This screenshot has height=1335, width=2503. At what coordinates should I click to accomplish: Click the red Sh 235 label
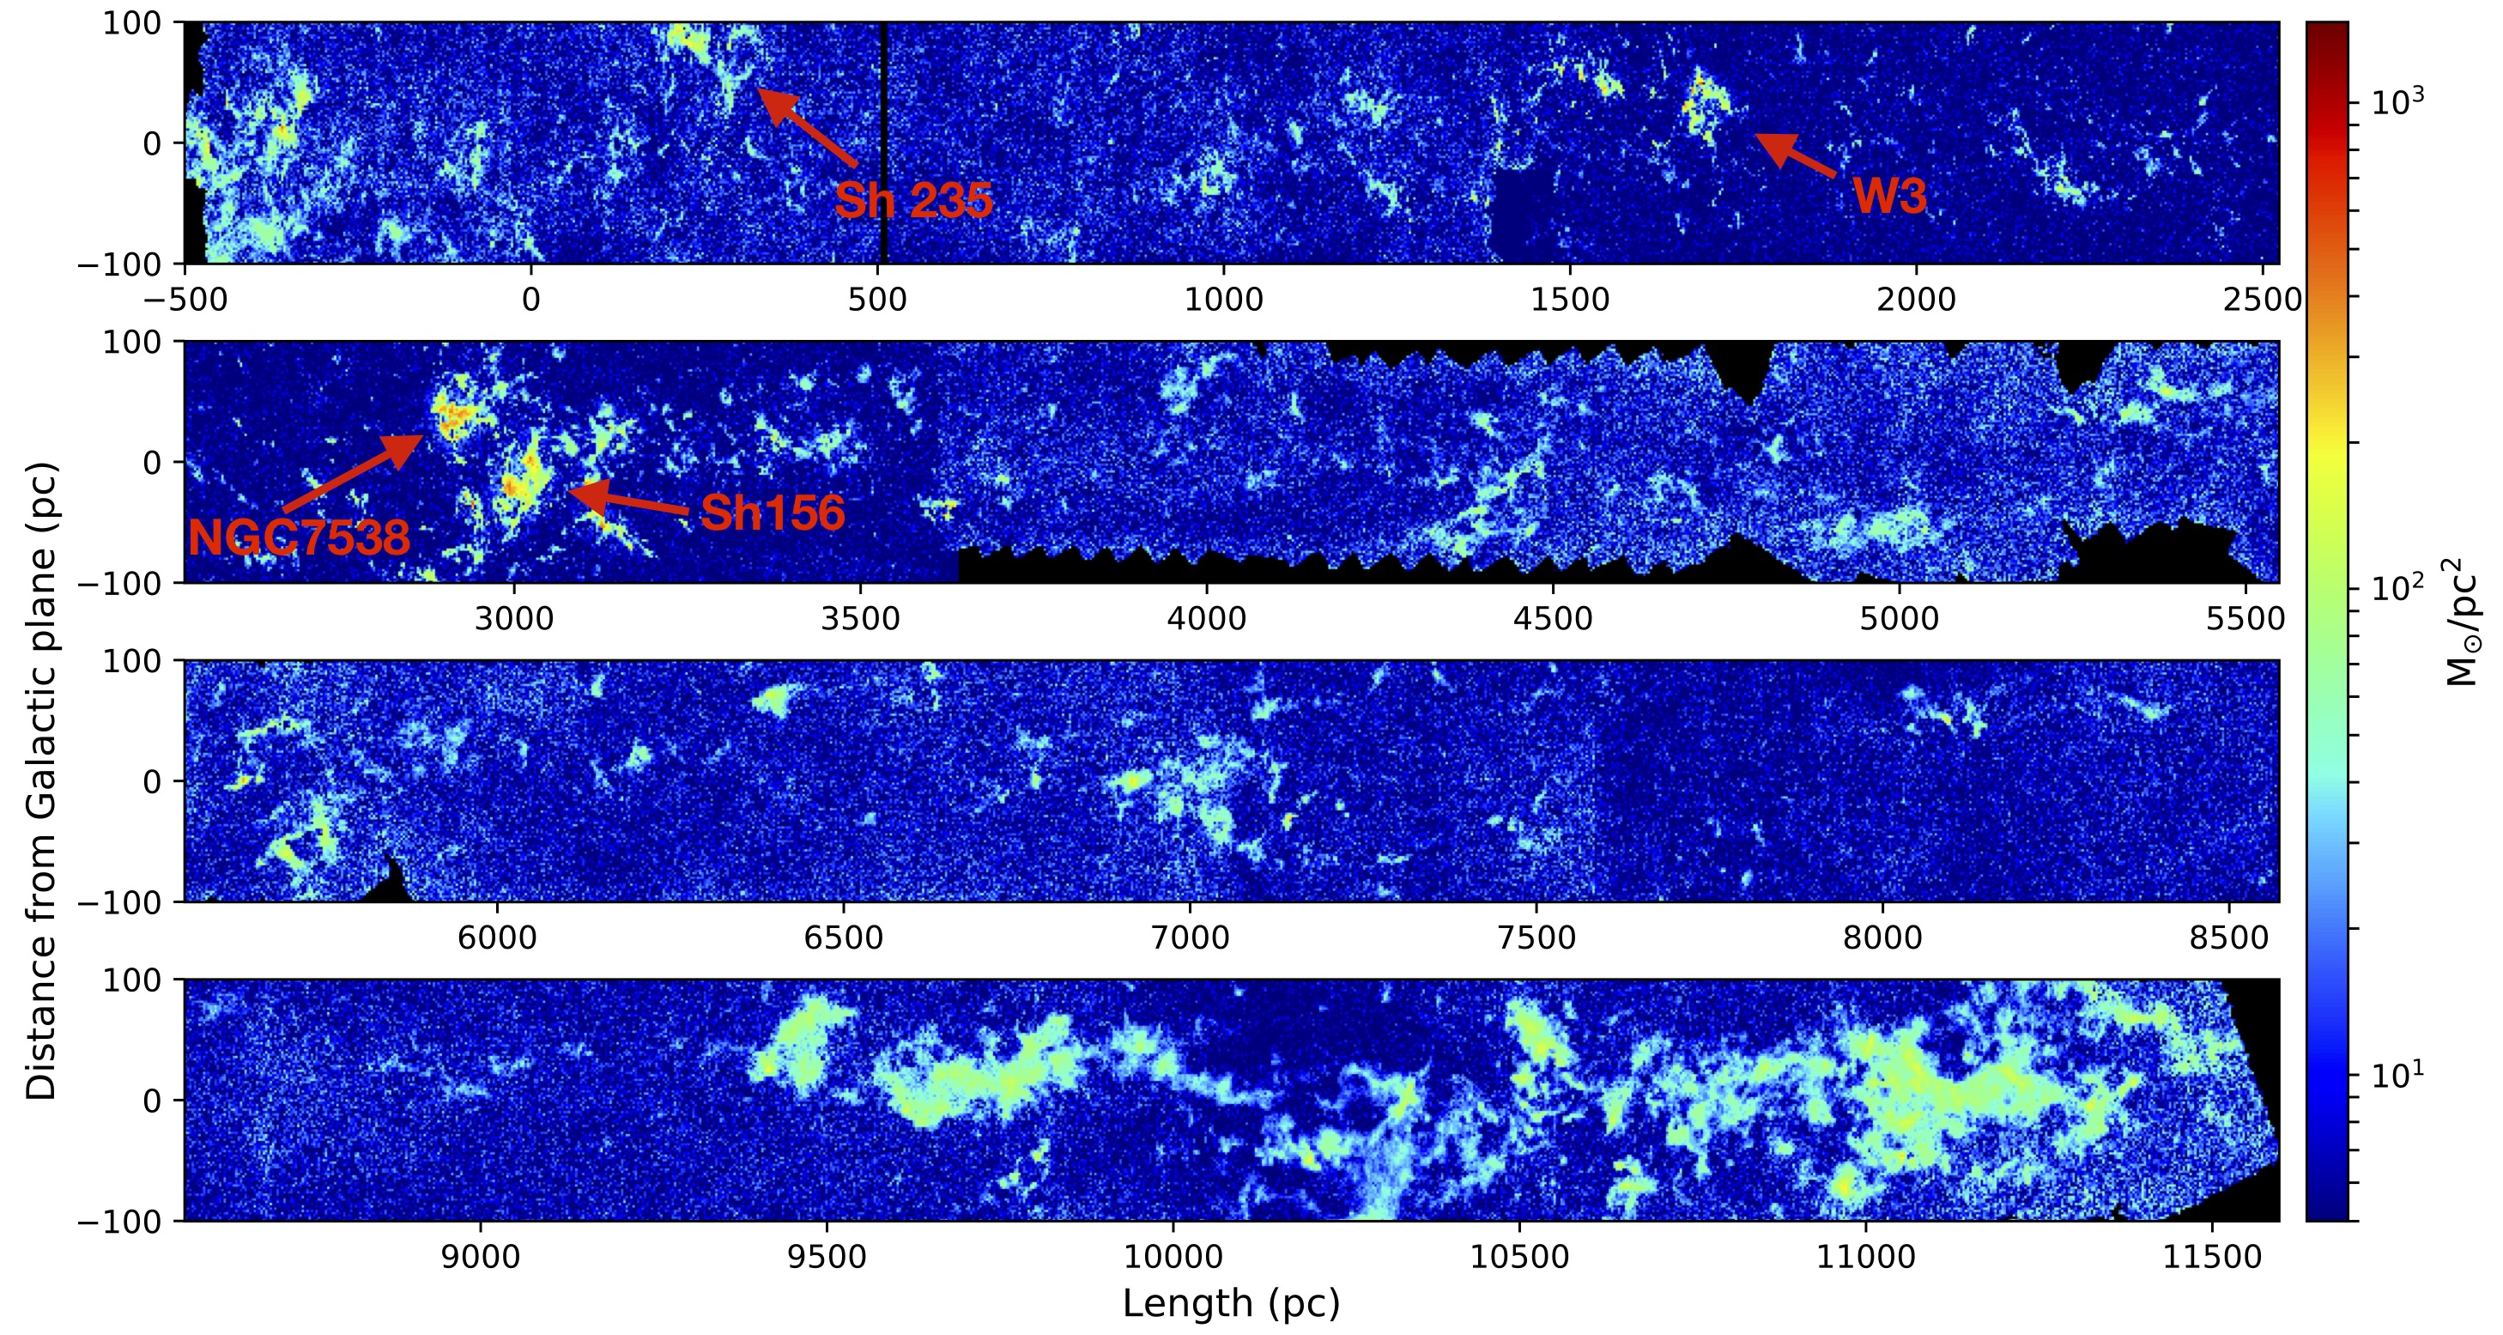click(x=913, y=200)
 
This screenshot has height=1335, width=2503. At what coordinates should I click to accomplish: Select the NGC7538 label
click(x=300, y=537)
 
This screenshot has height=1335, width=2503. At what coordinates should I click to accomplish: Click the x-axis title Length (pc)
click(x=1231, y=1303)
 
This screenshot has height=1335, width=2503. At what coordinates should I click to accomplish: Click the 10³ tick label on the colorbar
click(x=2397, y=101)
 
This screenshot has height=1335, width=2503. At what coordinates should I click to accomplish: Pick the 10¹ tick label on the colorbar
click(x=2397, y=1075)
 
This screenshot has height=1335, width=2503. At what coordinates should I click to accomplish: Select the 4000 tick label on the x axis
click(x=1207, y=619)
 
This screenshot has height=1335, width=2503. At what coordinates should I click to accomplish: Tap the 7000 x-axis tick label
click(x=1190, y=938)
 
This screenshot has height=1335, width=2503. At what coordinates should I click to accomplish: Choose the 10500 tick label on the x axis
click(x=1518, y=1257)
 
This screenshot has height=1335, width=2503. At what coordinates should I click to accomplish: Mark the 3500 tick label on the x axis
click(x=860, y=619)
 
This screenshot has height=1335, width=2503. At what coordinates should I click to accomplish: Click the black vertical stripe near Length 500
click(x=883, y=142)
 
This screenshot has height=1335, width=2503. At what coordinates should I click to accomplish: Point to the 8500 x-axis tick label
click(x=2229, y=938)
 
